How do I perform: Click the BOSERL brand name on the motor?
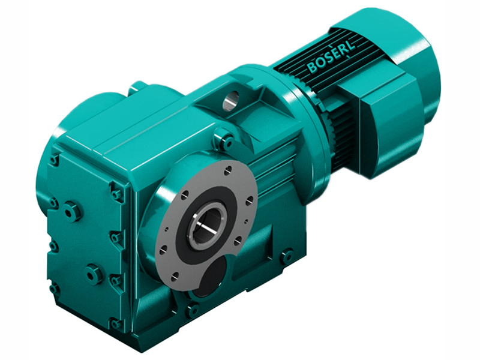coord(330,56)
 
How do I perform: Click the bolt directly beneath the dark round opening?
coord(193,310)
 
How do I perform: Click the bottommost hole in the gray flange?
coord(173,277)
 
